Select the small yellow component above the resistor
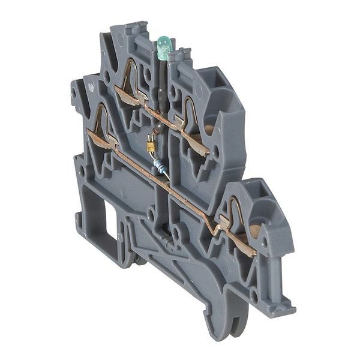(x=151, y=146)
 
